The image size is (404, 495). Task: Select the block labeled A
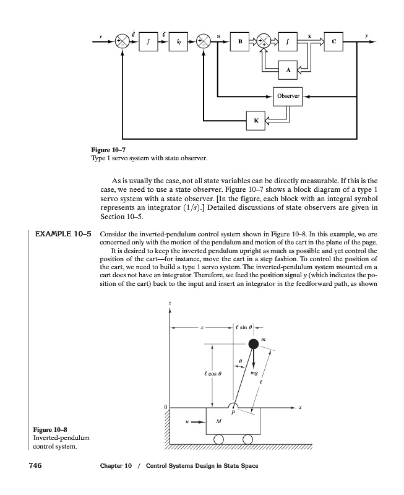point(287,70)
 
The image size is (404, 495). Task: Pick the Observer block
point(288,96)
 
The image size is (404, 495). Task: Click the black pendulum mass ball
point(253,344)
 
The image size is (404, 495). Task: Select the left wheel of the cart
point(218,439)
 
